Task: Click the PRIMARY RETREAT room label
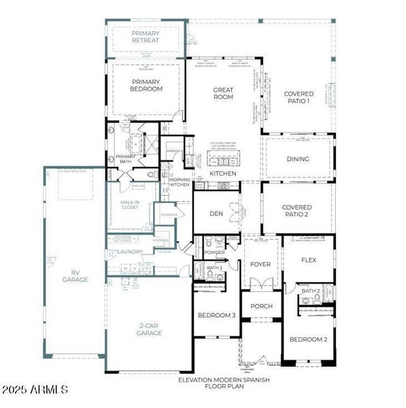(x=146, y=36)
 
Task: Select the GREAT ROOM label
(x=223, y=93)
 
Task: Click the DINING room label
(x=298, y=159)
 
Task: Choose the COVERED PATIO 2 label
(x=297, y=211)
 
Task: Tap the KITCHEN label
(x=223, y=174)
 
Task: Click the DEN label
(x=216, y=214)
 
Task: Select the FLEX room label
(x=309, y=260)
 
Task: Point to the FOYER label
(x=260, y=265)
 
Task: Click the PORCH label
(x=260, y=306)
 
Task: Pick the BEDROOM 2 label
(x=309, y=339)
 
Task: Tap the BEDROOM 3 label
(x=216, y=316)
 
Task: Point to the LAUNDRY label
(x=130, y=252)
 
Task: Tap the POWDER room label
(x=214, y=252)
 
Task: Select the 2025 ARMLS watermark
(x=35, y=390)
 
